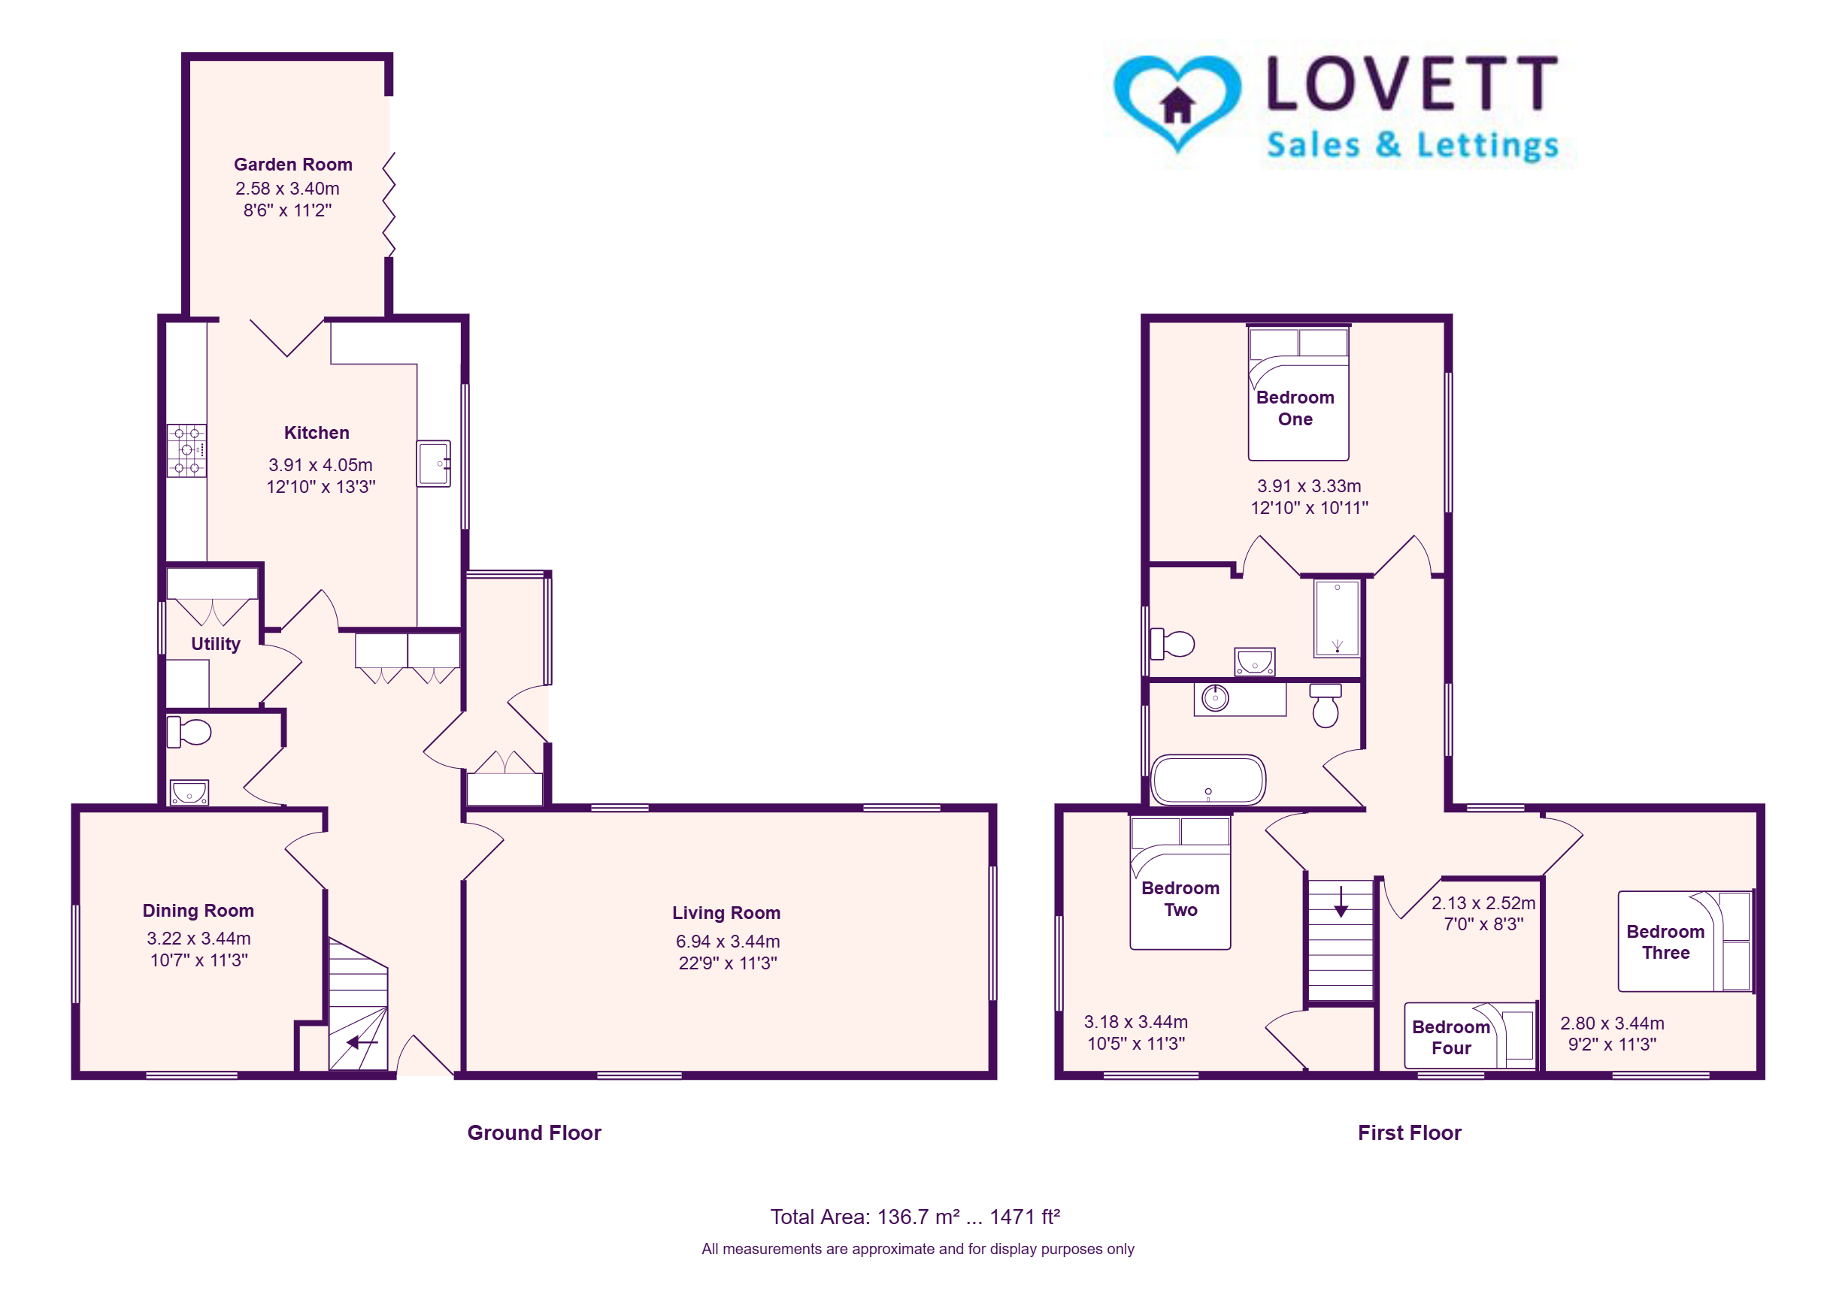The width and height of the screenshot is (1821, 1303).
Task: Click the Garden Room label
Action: pos(292,165)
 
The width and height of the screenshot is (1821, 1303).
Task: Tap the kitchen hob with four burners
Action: pos(186,450)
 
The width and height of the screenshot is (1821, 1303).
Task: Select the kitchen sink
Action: pos(432,463)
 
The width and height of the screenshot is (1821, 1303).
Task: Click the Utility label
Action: pos(215,643)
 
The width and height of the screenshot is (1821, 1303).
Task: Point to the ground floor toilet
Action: pos(189,732)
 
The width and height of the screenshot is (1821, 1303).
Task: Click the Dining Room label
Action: pos(198,910)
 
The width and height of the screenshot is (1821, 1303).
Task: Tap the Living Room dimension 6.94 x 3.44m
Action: pos(727,940)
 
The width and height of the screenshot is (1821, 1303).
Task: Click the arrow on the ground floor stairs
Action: pos(362,1042)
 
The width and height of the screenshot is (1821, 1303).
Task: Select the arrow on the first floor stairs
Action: pos(1341,901)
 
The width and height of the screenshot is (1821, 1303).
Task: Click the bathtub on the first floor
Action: pos(1207,779)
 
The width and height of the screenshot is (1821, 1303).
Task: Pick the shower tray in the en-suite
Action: pos(1336,618)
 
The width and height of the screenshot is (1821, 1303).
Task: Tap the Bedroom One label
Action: pos(1295,407)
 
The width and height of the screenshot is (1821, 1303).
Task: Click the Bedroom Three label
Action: pos(1665,942)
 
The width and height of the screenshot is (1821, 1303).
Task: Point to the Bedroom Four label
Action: pos(1451,1038)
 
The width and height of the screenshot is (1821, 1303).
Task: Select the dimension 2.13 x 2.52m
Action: pos(1483,902)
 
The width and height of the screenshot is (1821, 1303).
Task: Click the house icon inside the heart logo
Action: pos(1177,105)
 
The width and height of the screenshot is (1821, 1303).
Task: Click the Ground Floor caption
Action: pos(534,1132)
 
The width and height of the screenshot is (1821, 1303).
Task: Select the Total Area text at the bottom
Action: pos(915,1217)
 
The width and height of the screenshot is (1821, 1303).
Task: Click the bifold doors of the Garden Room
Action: pos(389,204)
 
